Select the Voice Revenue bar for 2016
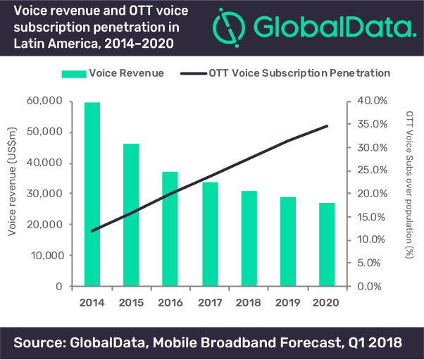point(170,229)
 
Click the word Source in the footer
point(43,343)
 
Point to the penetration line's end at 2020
point(328,126)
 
